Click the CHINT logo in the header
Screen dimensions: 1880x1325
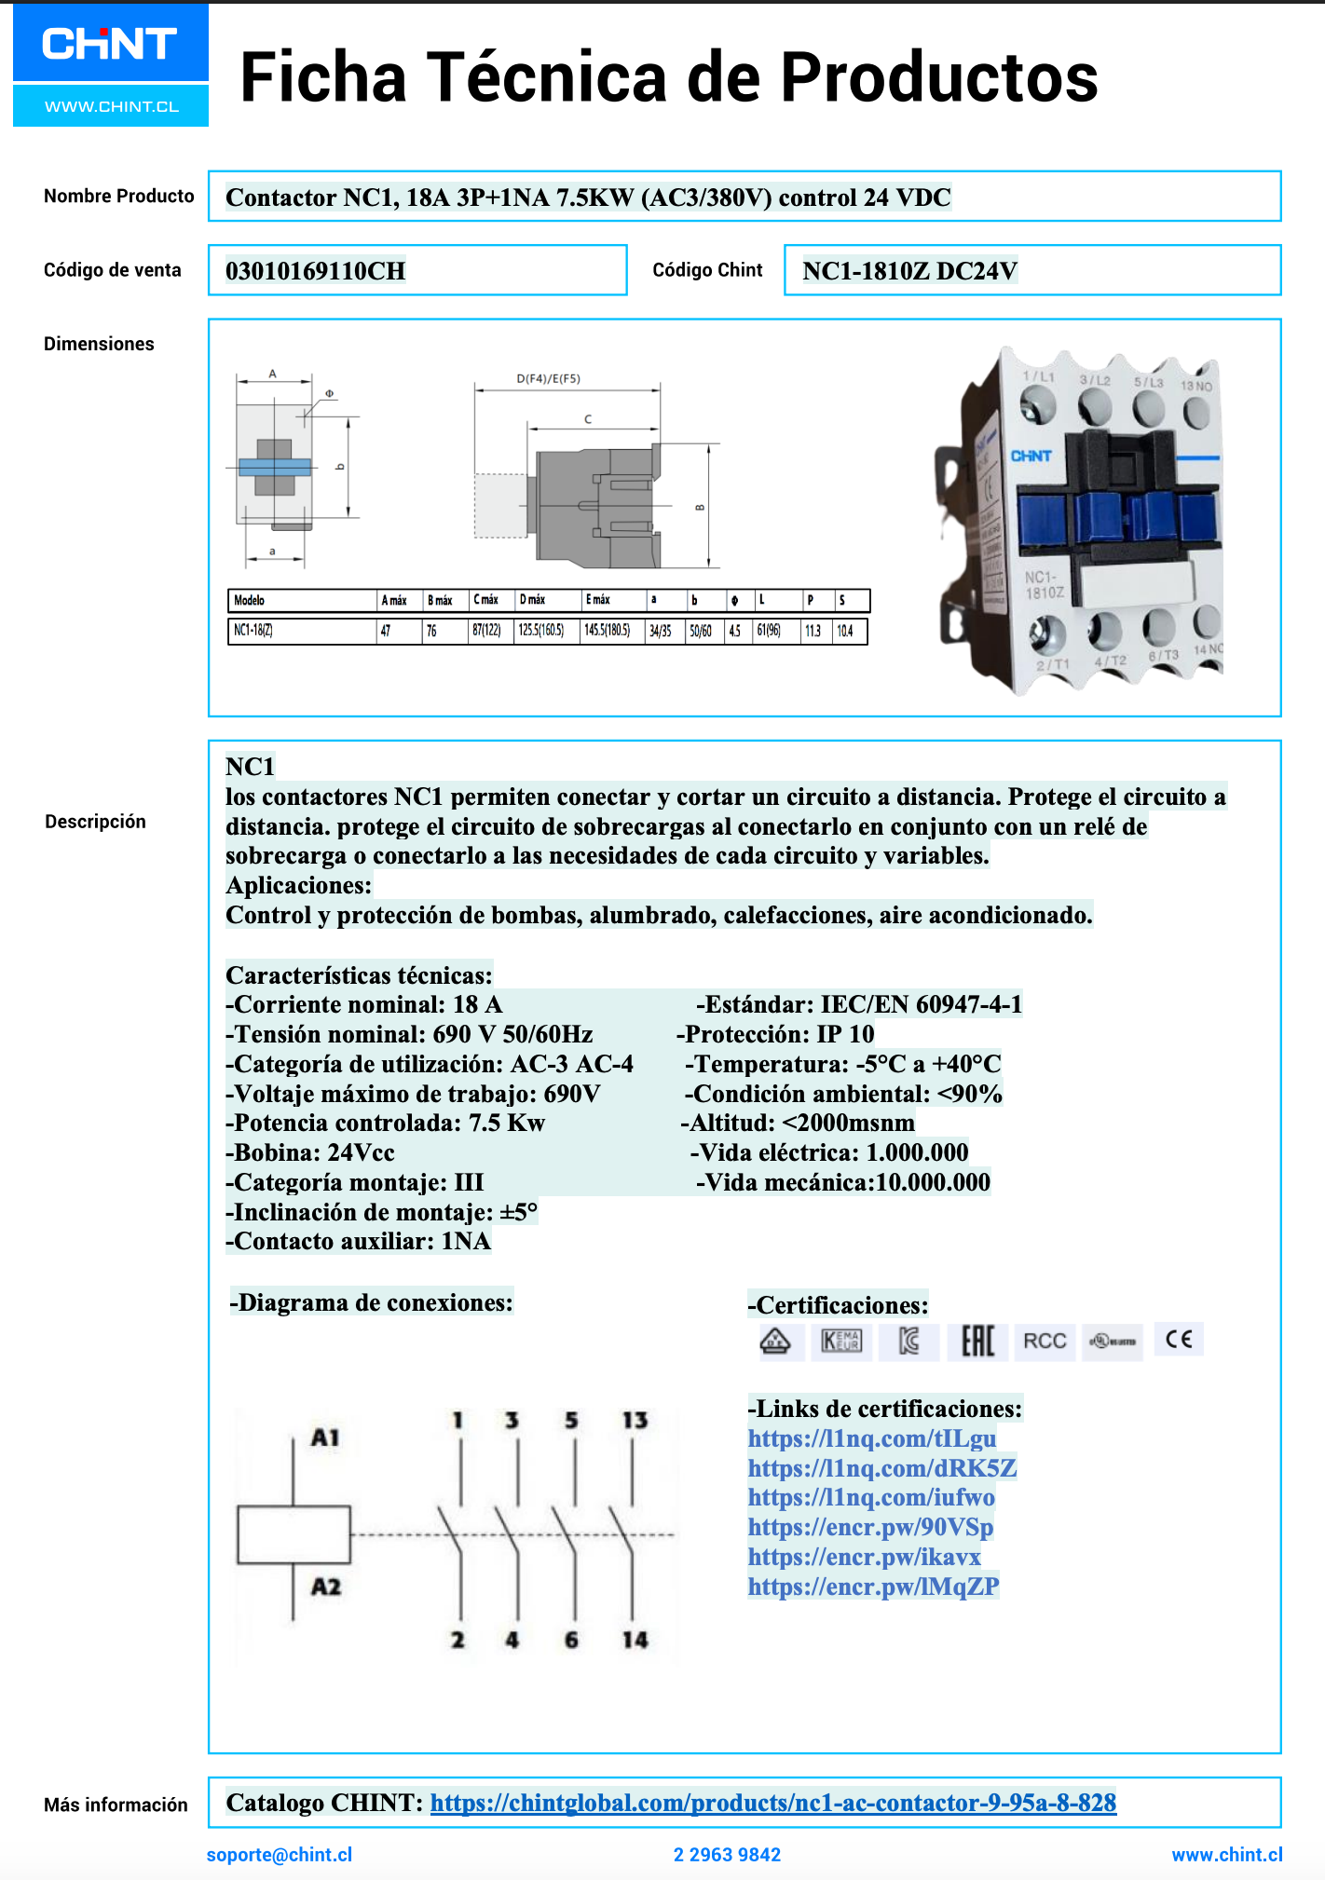click(x=110, y=45)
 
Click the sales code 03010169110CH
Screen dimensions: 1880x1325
click(x=315, y=271)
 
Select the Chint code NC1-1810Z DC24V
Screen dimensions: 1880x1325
click(x=909, y=271)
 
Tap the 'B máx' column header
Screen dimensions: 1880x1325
click(x=440, y=601)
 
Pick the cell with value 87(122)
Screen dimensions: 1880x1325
click(x=486, y=631)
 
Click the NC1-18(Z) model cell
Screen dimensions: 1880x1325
click(x=253, y=631)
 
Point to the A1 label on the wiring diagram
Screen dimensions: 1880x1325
click(x=325, y=1437)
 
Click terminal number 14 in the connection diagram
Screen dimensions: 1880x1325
click(x=635, y=1640)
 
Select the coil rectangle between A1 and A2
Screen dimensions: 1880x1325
click(x=294, y=1533)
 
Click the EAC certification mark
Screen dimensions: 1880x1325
click(x=977, y=1342)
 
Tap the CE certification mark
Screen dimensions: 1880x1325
click(x=1179, y=1340)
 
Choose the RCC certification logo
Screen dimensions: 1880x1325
click(x=1045, y=1342)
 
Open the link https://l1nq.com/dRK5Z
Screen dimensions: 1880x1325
click(x=881, y=1468)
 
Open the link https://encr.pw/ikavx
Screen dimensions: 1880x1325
click(x=864, y=1557)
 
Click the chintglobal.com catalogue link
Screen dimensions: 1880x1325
click(x=772, y=1803)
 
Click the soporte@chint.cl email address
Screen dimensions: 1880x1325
click(x=280, y=1855)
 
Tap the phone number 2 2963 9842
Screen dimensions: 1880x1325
click(x=727, y=1855)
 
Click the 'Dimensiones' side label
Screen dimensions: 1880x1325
click(x=99, y=344)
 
